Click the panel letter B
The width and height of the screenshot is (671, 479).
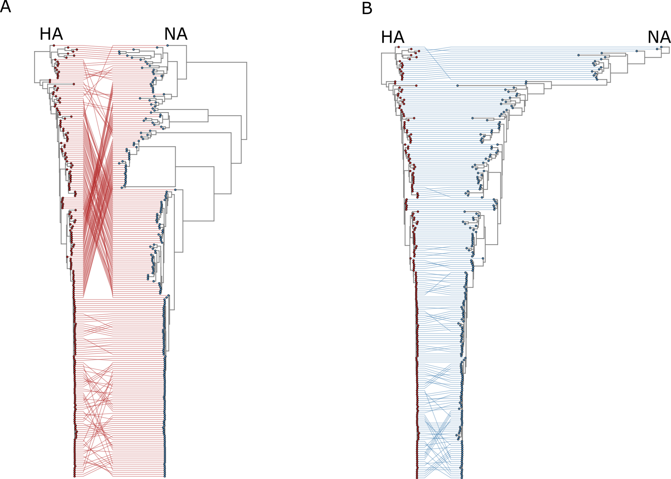pos(367,8)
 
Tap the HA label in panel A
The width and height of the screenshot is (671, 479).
pos(51,34)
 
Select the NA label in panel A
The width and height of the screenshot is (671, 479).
pos(176,34)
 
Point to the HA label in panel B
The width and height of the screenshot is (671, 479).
pos(393,37)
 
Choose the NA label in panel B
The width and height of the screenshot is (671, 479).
pos(659,37)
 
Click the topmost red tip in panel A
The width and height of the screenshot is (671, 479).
pos(54,45)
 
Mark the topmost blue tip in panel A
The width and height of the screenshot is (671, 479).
pos(167,45)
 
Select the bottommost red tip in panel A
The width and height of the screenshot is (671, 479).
pos(75,476)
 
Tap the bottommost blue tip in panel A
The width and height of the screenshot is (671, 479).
pos(164,476)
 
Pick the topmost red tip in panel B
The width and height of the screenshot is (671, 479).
pos(398,47)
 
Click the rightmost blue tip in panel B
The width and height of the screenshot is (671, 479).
pos(661,47)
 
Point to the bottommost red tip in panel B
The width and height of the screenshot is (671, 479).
pos(417,478)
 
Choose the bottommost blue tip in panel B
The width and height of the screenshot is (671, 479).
pos(461,478)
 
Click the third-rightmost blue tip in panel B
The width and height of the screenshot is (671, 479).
pos(637,51)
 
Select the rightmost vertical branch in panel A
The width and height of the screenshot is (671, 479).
pos(246,101)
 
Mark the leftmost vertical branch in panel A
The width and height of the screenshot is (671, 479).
pos(35,67)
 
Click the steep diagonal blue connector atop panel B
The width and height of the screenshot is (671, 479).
pos(438,63)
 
